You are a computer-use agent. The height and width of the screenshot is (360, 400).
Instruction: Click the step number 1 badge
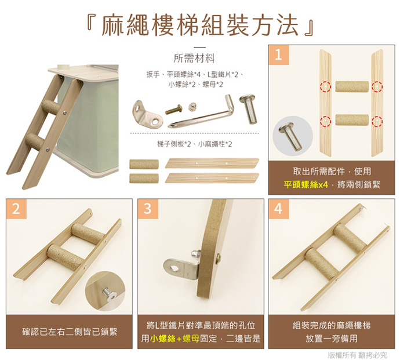279,55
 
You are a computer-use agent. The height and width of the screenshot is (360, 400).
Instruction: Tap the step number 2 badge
16,209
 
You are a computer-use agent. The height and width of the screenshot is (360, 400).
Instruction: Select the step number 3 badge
148,209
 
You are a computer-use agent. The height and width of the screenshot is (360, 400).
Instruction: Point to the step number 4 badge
279,209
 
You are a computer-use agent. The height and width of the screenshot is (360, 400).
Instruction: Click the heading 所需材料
194,59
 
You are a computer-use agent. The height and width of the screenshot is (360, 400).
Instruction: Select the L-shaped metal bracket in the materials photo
147,115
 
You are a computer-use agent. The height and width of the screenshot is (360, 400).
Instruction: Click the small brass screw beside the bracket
173,109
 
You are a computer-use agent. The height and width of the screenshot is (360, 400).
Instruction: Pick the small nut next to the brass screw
192,107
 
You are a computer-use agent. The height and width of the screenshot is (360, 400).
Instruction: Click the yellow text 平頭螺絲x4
306,184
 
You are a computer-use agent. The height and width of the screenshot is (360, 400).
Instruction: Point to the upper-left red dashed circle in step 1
325,86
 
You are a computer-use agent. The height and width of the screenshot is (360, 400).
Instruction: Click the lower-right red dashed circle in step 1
377,121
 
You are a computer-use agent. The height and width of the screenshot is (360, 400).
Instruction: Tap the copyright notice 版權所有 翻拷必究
357,355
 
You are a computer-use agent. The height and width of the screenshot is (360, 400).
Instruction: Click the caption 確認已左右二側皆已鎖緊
70,332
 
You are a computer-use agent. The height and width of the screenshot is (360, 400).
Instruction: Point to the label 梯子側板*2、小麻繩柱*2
194,144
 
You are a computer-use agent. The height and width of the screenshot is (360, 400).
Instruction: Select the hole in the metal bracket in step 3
174,268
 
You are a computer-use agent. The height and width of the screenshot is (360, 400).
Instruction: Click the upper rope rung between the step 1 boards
352,87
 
